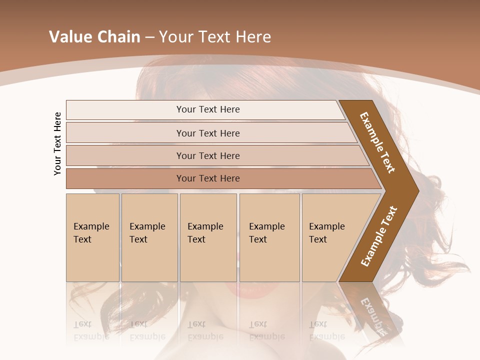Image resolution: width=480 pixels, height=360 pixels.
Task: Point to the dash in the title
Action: (x=149, y=37)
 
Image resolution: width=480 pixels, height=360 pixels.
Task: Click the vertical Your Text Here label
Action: (x=58, y=143)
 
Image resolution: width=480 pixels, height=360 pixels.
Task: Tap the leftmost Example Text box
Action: (x=92, y=237)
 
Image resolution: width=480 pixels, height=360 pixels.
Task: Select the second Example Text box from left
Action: (x=149, y=237)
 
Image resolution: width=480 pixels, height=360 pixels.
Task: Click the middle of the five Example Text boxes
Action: (x=208, y=237)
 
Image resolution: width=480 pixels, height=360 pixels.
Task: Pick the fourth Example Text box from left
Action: (x=269, y=237)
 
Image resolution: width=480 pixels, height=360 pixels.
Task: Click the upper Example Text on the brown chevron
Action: (x=377, y=142)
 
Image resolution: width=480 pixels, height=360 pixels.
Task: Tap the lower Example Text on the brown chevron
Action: (x=378, y=236)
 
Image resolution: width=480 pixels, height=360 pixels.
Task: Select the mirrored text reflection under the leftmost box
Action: (x=91, y=330)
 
